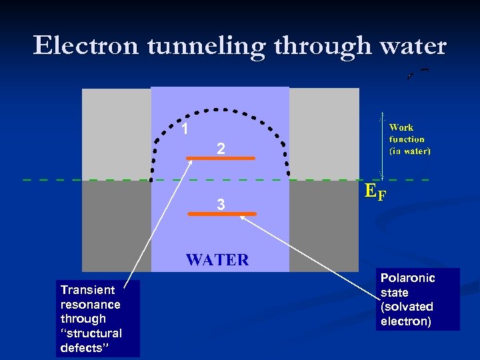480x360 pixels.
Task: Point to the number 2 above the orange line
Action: pyautogui.click(x=221, y=150)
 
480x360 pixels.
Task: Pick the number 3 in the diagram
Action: pyautogui.click(x=221, y=206)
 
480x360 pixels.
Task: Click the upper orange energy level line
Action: pyautogui.click(x=221, y=159)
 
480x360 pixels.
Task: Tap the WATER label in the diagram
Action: pyautogui.click(x=217, y=260)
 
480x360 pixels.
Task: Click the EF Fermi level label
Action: pyautogui.click(x=375, y=192)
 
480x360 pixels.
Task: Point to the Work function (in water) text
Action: pyautogui.click(x=409, y=139)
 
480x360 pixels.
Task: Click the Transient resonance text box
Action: pyautogui.click(x=98, y=319)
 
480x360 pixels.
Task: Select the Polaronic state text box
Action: pyautogui.click(x=417, y=299)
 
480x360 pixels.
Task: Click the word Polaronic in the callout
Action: pyautogui.click(x=407, y=278)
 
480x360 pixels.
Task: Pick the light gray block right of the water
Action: pyautogui.click(x=324, y=133)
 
